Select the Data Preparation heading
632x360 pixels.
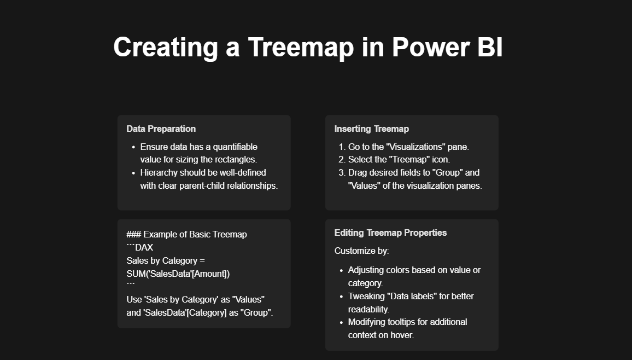coord(161,129)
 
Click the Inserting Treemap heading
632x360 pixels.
coord(372,129)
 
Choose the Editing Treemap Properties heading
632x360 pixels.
coord(390,233)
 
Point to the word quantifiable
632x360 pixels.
coord(235,147)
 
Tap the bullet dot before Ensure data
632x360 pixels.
coord(133,147)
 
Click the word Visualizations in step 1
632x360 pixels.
coord(416,147)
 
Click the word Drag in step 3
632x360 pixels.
coord(356,172)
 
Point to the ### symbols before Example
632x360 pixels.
coord(134,234)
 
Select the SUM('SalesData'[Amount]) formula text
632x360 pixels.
coord(178,274)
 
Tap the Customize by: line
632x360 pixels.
coord(361,251)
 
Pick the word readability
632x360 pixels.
coord(368,309)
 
